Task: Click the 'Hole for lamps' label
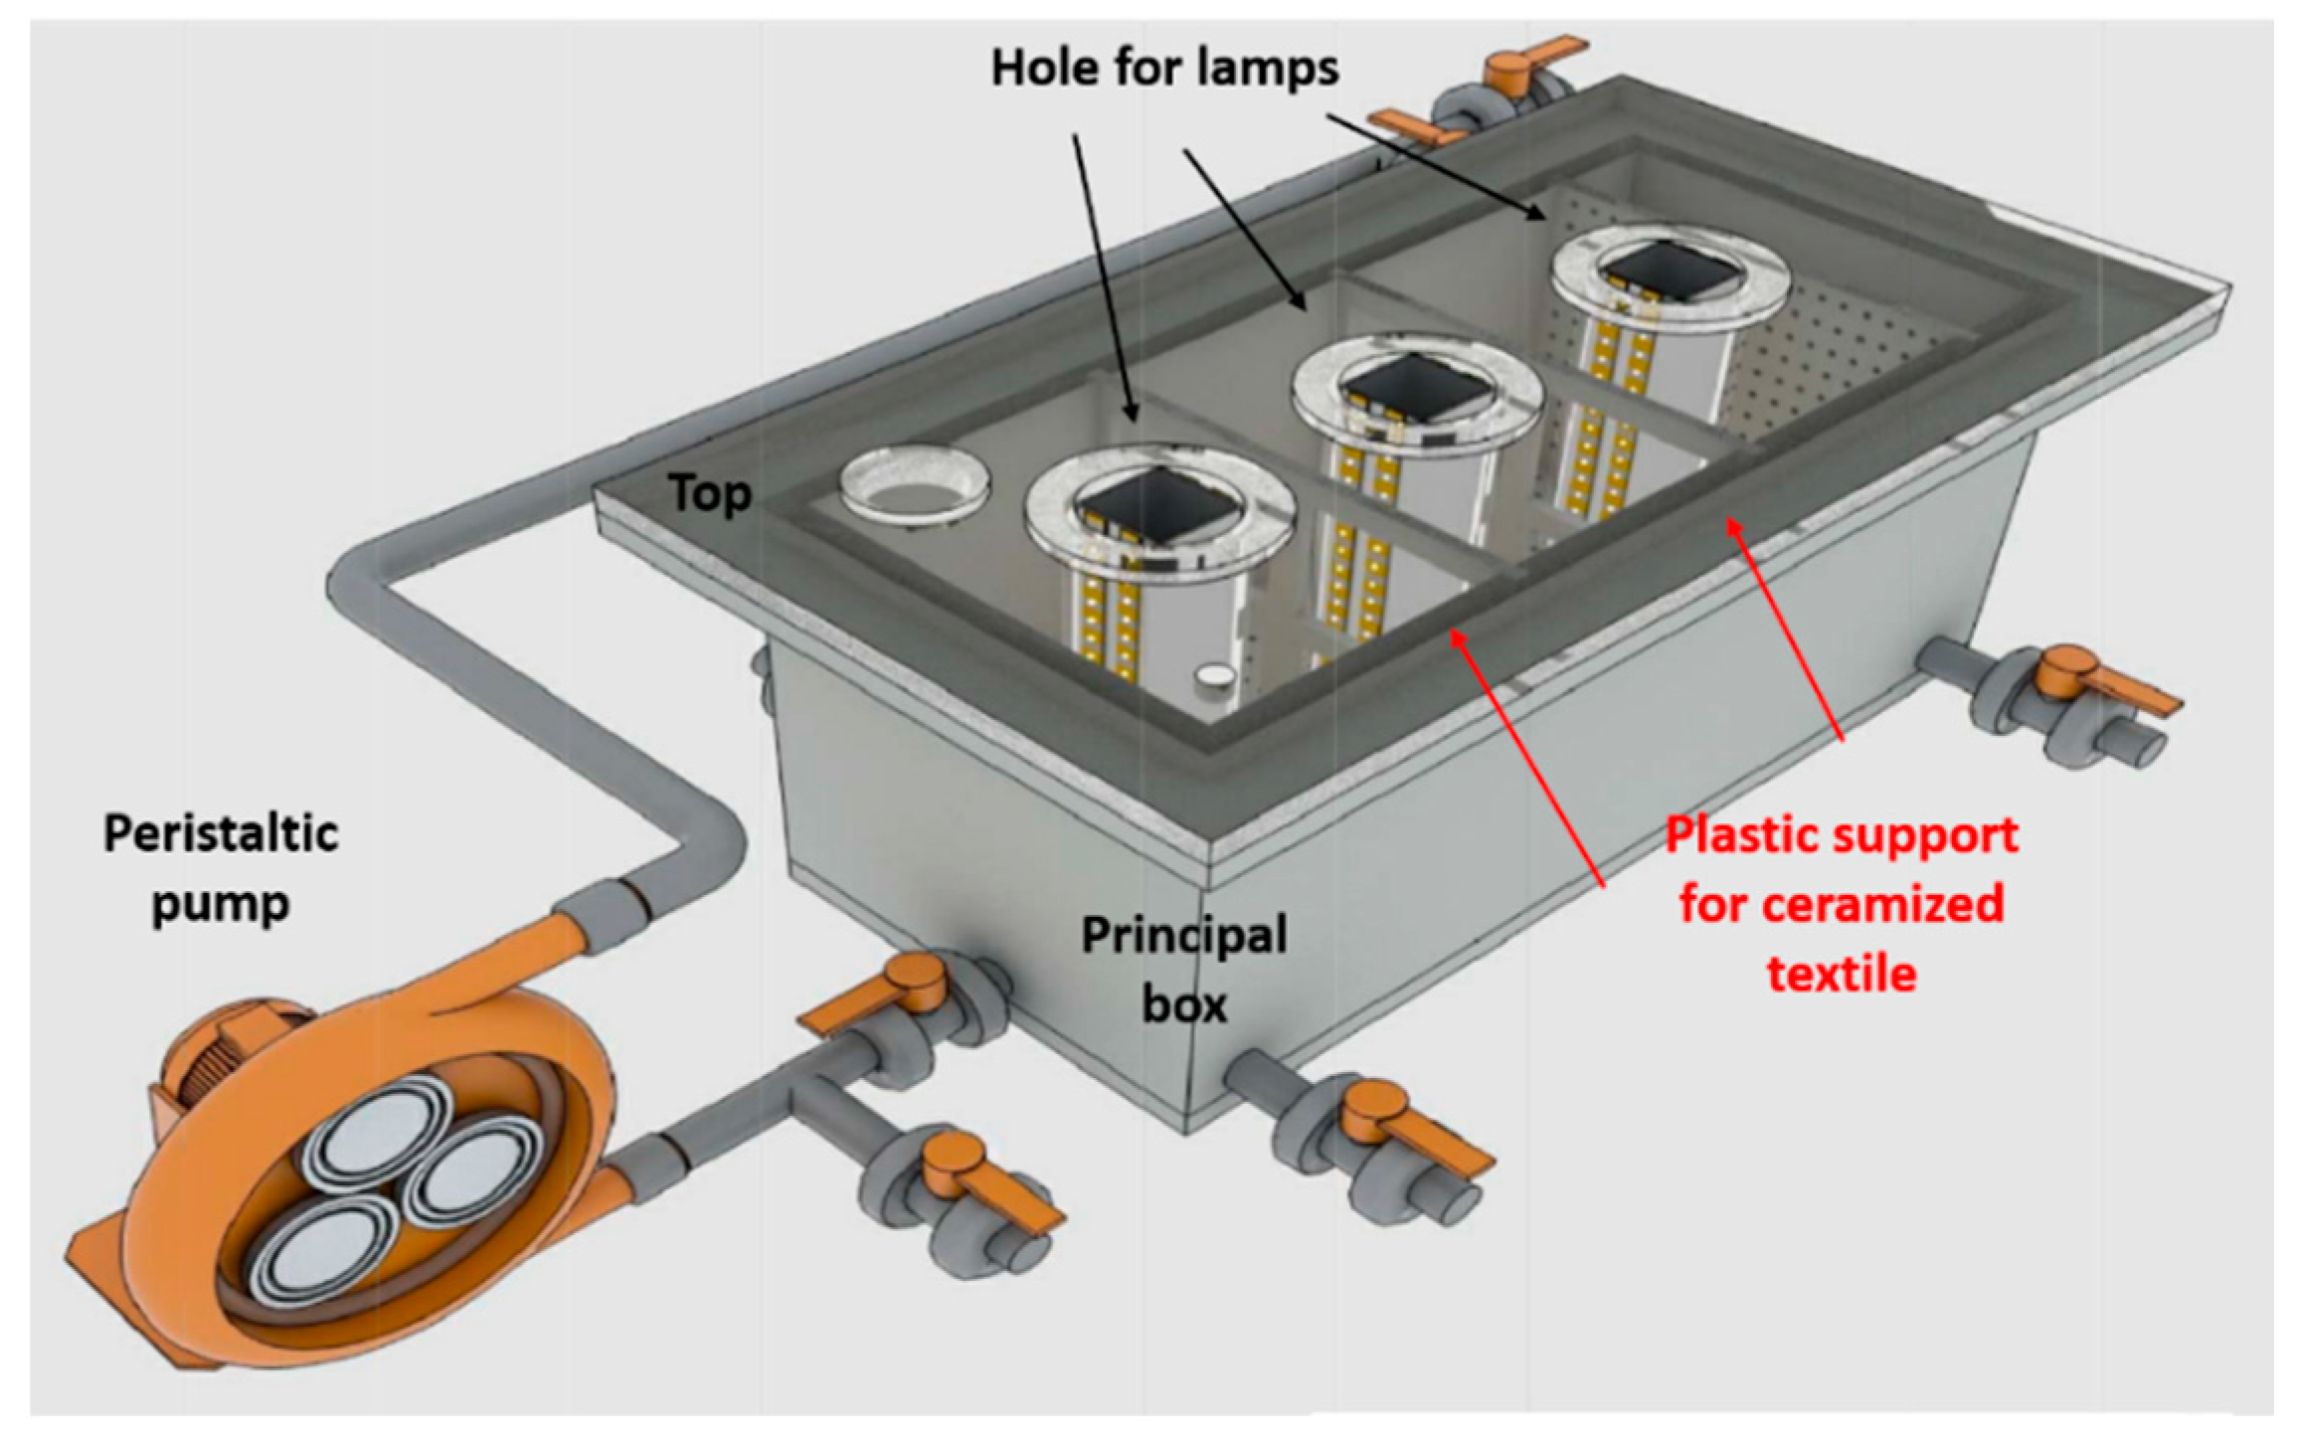tap(1164, 69)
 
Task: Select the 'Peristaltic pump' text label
tap(221, 867)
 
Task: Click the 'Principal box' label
tap(1184, 969)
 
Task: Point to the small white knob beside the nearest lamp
tap(1213, 676)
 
